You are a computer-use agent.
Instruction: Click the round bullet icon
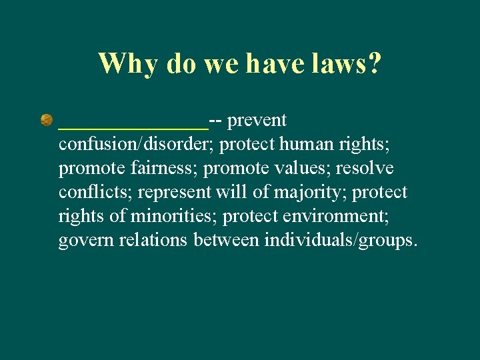pyautogui.click(x=47, y=121)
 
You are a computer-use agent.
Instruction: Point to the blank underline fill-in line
pyautogui.click(x=133, y=125)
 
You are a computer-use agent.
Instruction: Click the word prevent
pyautogui.click(x=257, y=121)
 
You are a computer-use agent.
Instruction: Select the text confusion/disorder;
pyautogui.click(x=136, y=145)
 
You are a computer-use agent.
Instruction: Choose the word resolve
pyautogui.click(x=365, y=169)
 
